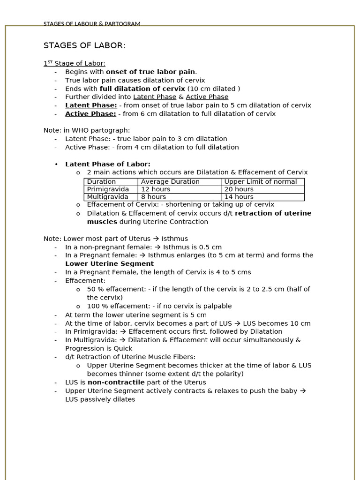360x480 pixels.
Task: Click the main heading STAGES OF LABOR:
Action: [x=84, y=45]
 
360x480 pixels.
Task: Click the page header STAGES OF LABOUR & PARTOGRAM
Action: [x=92, y=24]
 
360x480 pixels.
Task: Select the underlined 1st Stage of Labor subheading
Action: [x=75, y=63]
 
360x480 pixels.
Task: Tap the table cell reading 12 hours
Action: [x=156, y=189]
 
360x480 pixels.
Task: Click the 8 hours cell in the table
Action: [x=154, y=197]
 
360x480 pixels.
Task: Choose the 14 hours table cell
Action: [x=239, y=197]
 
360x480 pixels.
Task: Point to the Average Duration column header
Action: [x=170, y=182]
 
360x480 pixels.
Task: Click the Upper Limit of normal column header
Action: [x=261, y=182]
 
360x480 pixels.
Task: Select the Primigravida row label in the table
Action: [x=108, y=189]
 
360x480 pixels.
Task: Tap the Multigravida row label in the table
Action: [x=107, y=197]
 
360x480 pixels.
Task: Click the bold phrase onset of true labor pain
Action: [x=150, y=72]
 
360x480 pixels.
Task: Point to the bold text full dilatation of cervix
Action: [x=142, y=89]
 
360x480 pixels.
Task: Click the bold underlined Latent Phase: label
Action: [x=91, y=105]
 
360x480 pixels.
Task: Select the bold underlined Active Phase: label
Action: [x=90, y=114]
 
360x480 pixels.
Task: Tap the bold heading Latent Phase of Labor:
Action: [x=108, y=164]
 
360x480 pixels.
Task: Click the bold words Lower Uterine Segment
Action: [x=103, y=264]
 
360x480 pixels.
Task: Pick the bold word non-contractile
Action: [x=116, y=382]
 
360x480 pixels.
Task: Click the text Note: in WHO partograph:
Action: [x=87, y=130]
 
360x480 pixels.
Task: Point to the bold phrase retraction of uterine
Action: [x=273, y=213]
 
